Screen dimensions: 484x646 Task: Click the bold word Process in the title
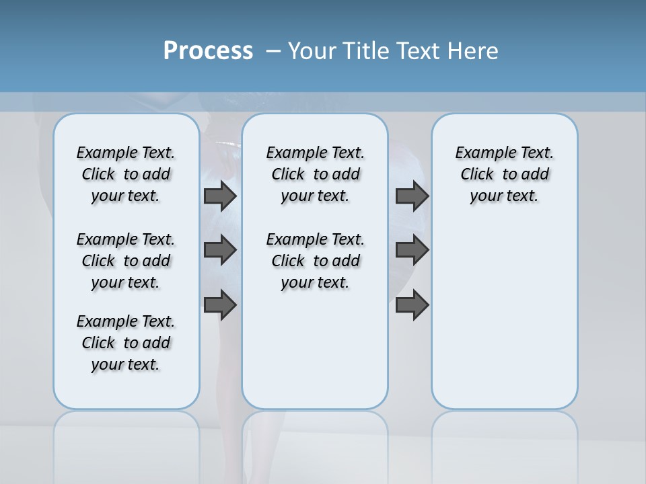(208, 50)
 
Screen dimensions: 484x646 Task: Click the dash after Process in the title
(273, 51)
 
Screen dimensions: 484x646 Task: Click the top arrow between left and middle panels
(220, 196)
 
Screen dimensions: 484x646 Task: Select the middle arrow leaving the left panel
(220, 250)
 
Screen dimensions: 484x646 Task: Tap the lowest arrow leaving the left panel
(220, 305)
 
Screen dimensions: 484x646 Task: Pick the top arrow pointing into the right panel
(412, 196)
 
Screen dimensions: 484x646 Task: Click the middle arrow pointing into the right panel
(412, 250)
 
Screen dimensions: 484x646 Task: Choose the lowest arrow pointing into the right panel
(412, 305)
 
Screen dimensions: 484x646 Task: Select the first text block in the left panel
(126, 174)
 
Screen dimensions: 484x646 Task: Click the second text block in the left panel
(126, 261)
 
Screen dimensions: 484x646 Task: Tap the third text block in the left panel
(126, 343)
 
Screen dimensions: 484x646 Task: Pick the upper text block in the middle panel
(315, 174)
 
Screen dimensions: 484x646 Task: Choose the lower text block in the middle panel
(315, 261)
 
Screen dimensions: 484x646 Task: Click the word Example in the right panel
(478, 153)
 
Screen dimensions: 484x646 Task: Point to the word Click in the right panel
(477, 175)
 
